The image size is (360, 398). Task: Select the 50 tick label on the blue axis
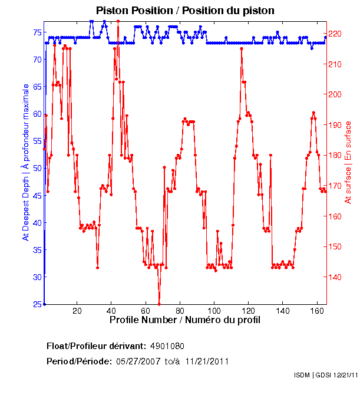click(x=37, y=168)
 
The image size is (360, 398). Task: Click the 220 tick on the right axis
click(x=335, y=34)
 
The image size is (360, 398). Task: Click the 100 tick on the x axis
click(x=214, y=311)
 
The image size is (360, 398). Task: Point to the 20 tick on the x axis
click(x=77, y=311)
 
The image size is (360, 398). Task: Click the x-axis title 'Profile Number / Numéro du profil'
click(x=184, y=320)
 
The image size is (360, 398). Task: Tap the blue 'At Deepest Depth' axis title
click(x=25, y=162)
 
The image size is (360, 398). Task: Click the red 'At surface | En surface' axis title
click(x=348, y=162)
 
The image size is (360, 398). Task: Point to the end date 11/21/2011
click(x=207, y=361)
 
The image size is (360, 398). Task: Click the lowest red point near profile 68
click(x=159, y=304)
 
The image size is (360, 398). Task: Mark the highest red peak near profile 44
click(x=118, y=21)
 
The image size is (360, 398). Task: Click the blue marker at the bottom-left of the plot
click(x=44, y=304)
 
